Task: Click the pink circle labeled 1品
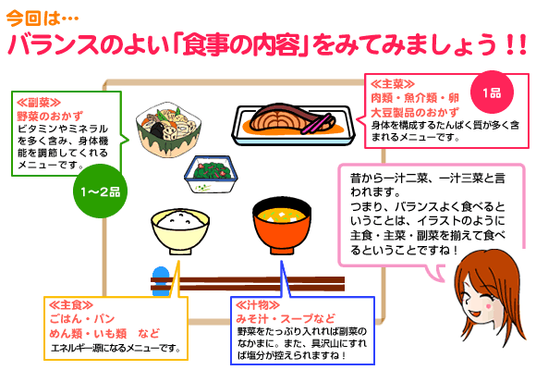(x=492, y=92)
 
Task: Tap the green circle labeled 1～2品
(x=100, y=191)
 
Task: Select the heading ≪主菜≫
(x=393, y=84)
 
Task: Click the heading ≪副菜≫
(x=39, y=102)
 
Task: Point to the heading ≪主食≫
(x=71, y=305)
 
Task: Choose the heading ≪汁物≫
(x=258, y=304)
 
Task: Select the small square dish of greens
(x=212, y=174)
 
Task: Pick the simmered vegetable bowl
(x=168, y=129)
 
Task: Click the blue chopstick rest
(x=161, y=281)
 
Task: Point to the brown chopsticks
(x=248, y=284)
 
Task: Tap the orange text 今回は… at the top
(x=43, y=18)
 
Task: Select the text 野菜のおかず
(x=50, y=117)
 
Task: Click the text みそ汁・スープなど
(x=286, y=318)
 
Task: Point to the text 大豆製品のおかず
(x=415, y=112)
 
